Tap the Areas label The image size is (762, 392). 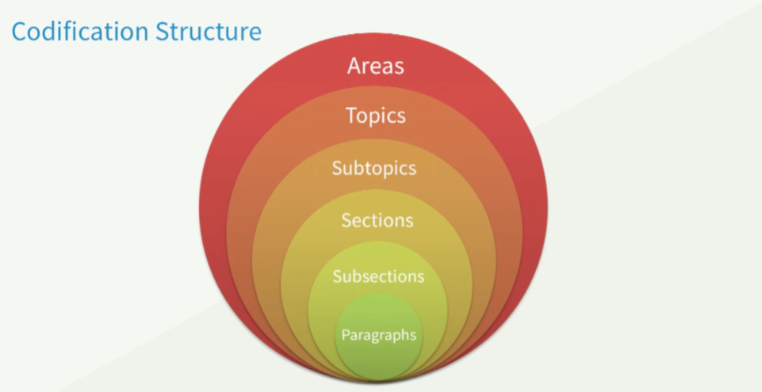[375, 65]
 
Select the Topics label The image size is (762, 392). [375, 116]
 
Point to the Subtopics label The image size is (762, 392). [374, 169]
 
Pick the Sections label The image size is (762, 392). [377, 219]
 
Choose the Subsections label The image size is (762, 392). [378, 276]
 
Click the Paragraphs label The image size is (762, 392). [378, 335]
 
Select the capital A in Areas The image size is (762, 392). [354, 65]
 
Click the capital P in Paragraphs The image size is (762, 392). [345, 335]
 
